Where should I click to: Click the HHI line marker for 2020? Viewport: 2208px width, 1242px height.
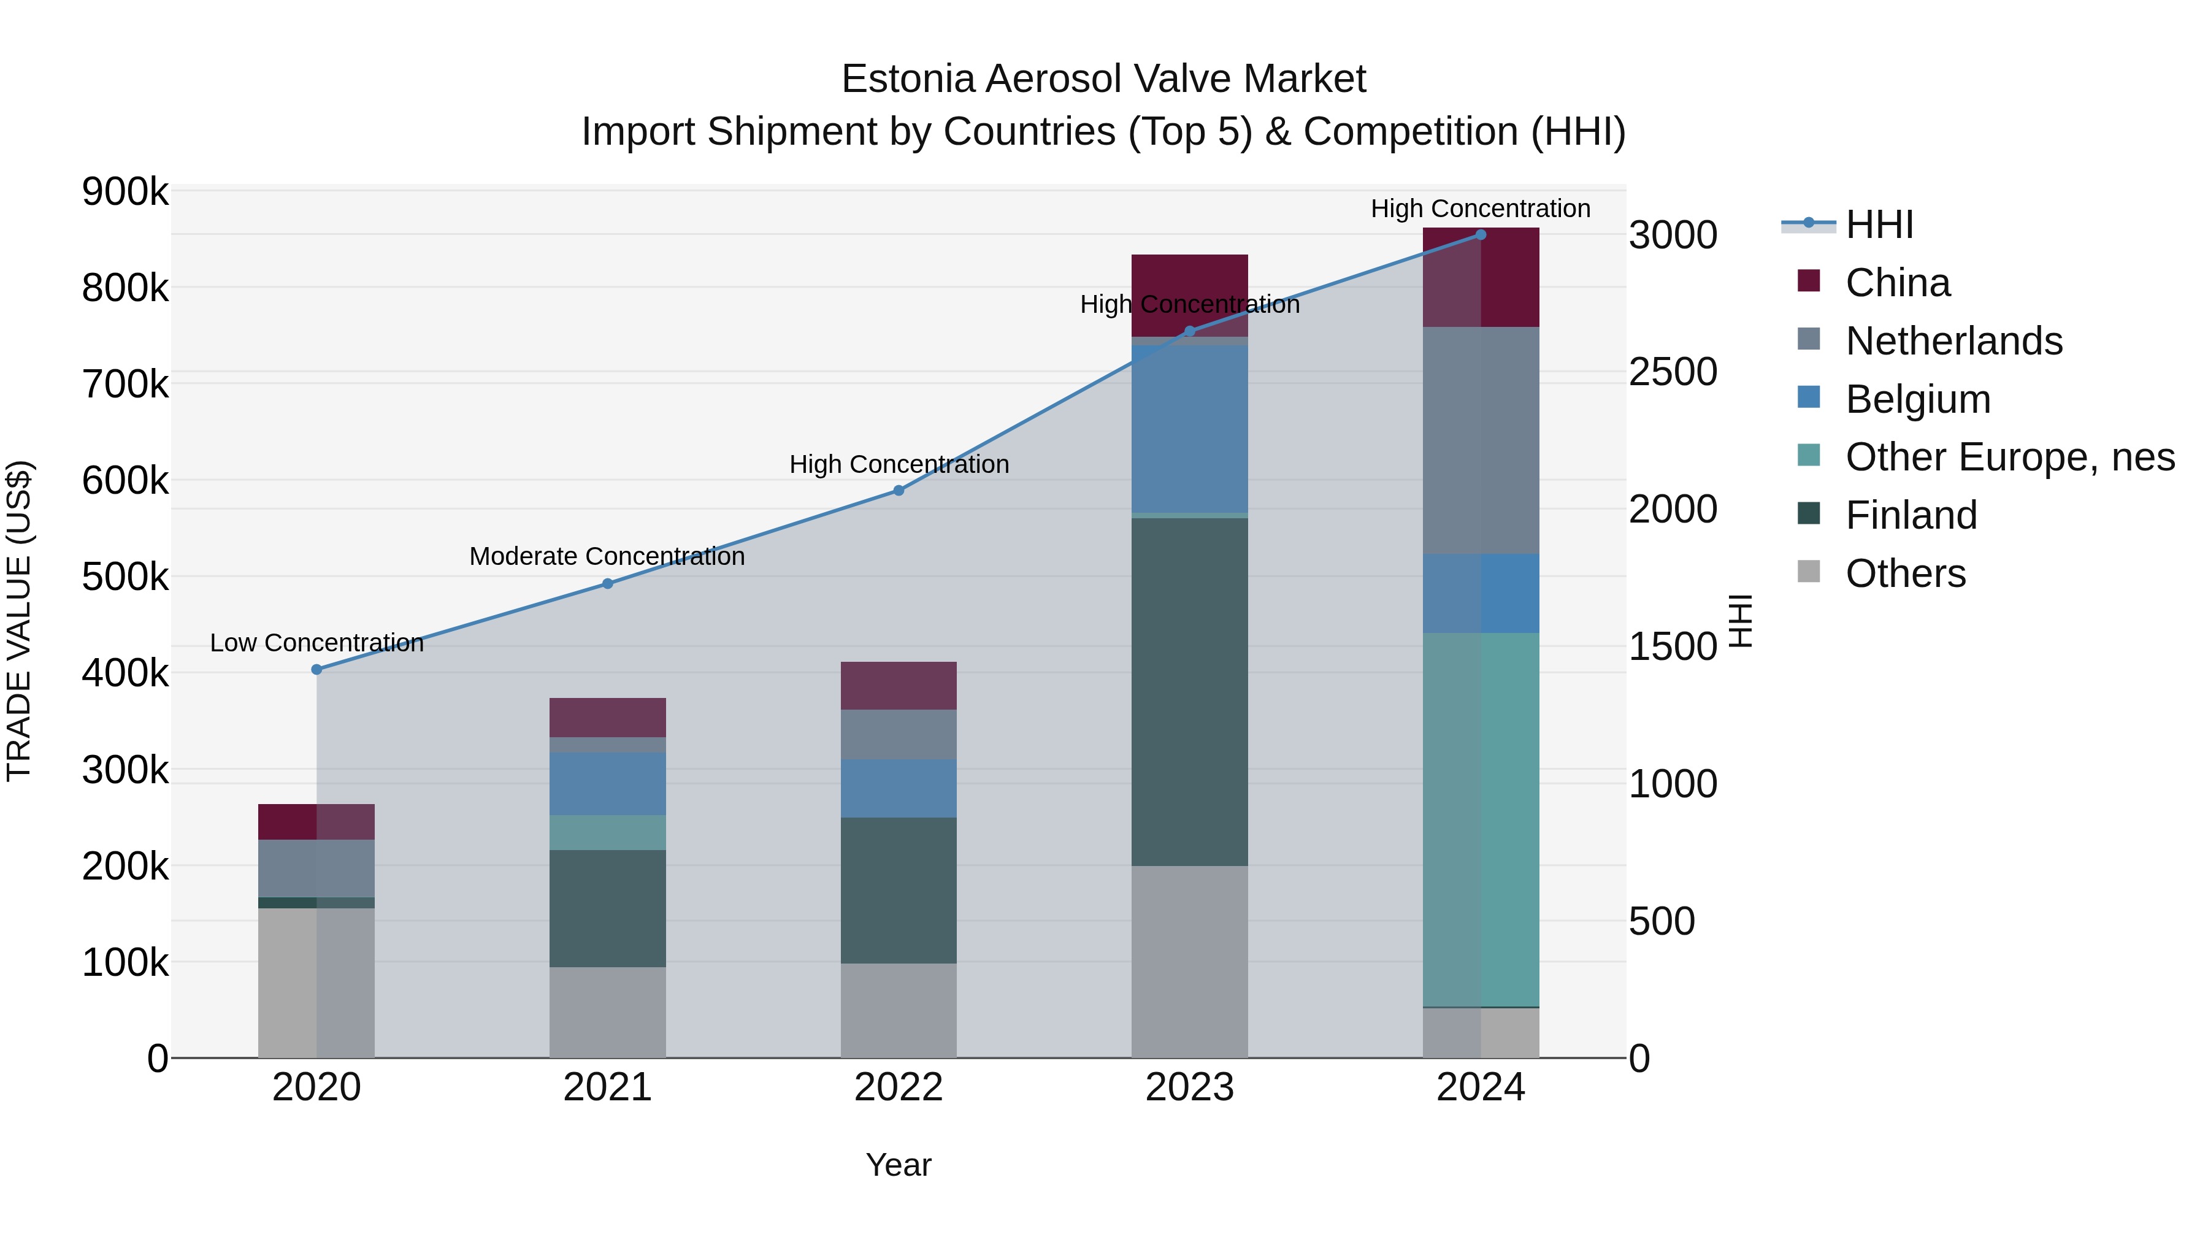click(316, 669)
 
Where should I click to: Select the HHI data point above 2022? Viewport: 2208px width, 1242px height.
click(899, 490)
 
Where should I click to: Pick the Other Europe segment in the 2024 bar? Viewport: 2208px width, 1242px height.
click(1481, 819)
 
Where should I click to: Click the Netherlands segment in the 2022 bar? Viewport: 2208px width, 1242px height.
click(899, 735)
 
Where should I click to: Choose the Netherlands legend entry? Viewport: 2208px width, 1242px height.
click(1953, 341)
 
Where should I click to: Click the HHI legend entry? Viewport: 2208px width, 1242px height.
click(1879, 224)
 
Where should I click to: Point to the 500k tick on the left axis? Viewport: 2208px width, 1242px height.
click(125, 577)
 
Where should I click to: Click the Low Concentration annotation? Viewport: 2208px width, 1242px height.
click(316, 643)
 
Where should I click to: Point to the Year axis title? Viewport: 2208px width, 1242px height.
click(899, 1165)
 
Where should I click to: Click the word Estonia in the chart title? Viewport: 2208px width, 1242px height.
click(908, 79)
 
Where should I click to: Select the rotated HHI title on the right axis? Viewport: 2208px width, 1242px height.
click(1740, 621)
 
